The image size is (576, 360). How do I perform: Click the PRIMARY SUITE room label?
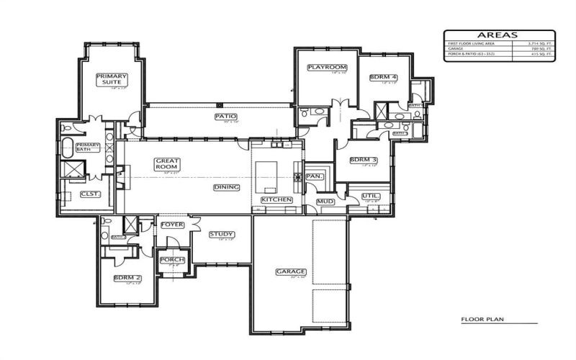pos(112,78)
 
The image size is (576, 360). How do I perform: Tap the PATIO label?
pos(225,116)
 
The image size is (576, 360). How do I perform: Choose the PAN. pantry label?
pos(315,176)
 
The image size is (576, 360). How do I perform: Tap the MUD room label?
pos(325,202)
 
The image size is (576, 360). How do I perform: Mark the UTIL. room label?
pos(371,195)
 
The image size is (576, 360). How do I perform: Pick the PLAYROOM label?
pos(323,67)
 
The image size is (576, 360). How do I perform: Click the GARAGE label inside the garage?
pos(291,271)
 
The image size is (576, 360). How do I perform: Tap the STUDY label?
pos(221,234)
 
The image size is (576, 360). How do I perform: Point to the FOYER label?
pos(172,225)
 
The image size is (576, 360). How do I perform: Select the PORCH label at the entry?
pos(172,260)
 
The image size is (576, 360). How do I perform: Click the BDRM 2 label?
pos(127,278)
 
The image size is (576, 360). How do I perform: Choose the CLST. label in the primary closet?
pos(89,194)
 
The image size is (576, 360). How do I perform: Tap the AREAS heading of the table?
pos(498,35)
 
